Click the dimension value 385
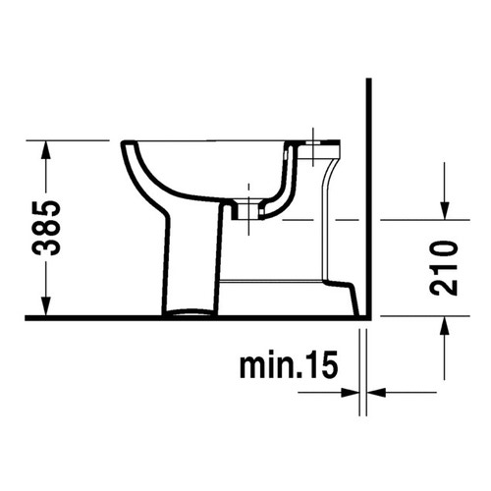pyautogui.click(x=46, y=227)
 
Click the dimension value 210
pyautogui.click(x=445, y=267)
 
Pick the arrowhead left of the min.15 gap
pyautogui.click(x=354, y=394)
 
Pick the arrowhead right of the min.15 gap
pyautogui.click(x=377, y=394)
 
